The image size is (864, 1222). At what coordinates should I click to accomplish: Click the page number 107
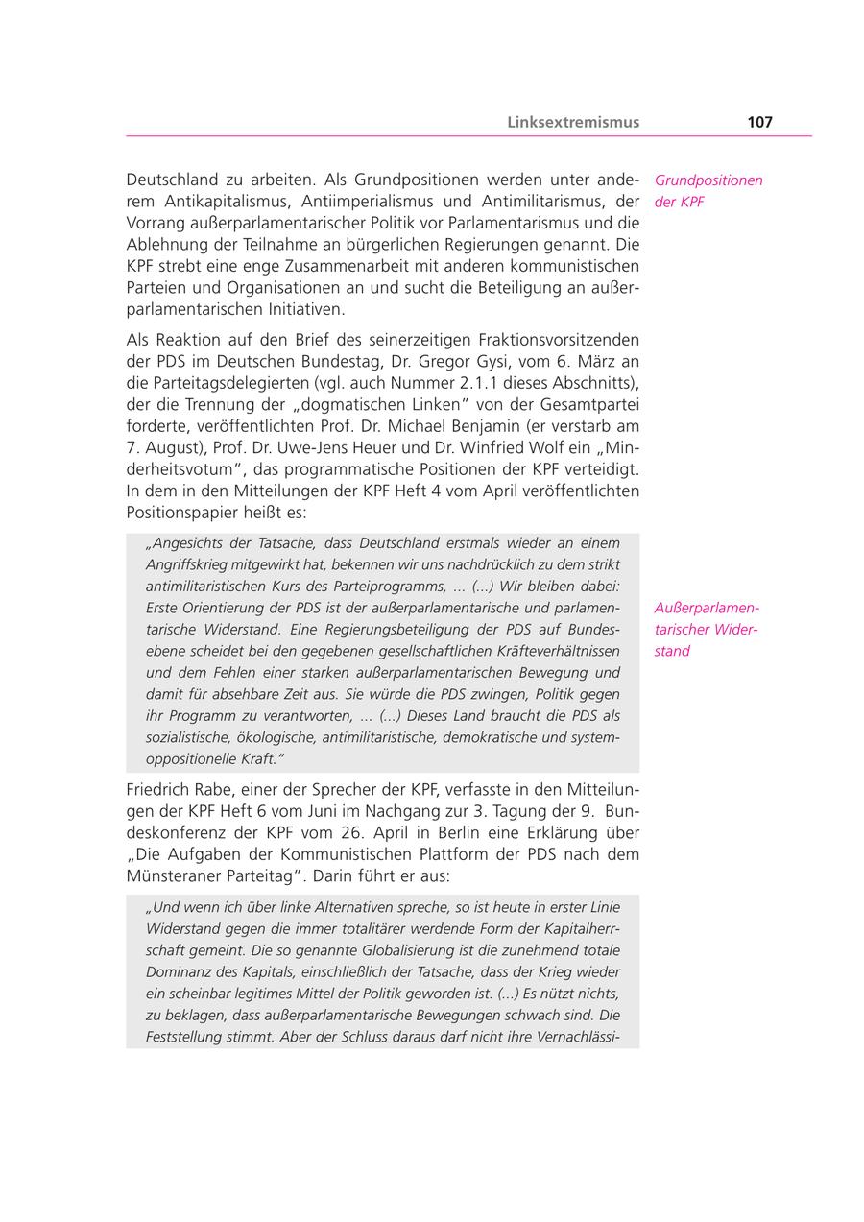point(758,122)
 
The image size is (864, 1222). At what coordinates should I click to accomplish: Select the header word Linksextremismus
point(573,122)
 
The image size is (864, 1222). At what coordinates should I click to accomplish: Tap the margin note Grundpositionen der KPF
point(708,191)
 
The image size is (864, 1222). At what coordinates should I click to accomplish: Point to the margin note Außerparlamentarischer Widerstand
point(707,630)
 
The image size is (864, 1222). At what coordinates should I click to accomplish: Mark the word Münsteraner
point(169,876)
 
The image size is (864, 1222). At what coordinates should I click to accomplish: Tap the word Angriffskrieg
point(190,564)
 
